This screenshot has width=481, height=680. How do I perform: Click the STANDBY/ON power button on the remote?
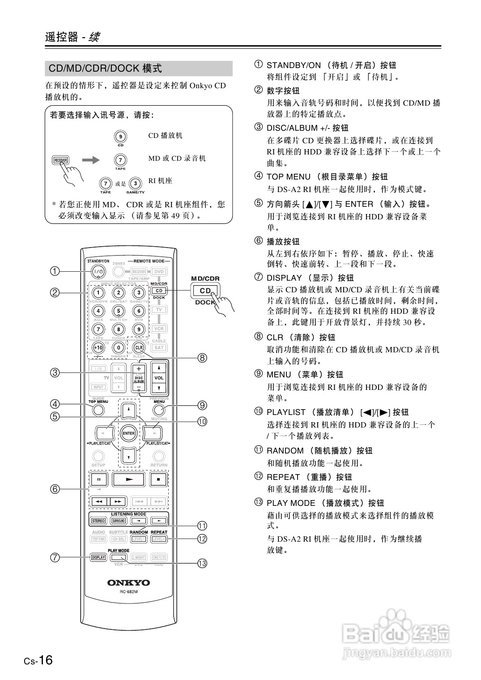(x=98, y=272)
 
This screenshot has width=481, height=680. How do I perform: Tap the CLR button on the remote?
(x=139, y=347)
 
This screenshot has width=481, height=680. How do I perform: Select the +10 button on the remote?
(x=98, y=347)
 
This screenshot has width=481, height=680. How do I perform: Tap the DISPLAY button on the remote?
(x=98, y=557)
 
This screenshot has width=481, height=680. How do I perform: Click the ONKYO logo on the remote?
(x=128, y=582)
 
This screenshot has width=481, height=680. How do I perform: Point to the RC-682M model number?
(x=128, y=592)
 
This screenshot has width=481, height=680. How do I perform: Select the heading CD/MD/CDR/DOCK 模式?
(x=105, y=68)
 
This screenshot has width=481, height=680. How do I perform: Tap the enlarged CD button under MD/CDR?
(x=205, y=291)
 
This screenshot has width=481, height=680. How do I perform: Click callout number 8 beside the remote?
(x=202, y=358)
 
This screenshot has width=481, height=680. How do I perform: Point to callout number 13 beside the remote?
(x=202, y=563)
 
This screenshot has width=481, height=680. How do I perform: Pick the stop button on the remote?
(x=158, y=479)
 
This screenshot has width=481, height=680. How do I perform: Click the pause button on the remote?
(x=99, y=479)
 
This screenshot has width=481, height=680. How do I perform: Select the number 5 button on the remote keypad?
(x=119, y=311)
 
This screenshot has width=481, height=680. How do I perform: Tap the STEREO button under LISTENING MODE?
(x=98, y=521)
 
